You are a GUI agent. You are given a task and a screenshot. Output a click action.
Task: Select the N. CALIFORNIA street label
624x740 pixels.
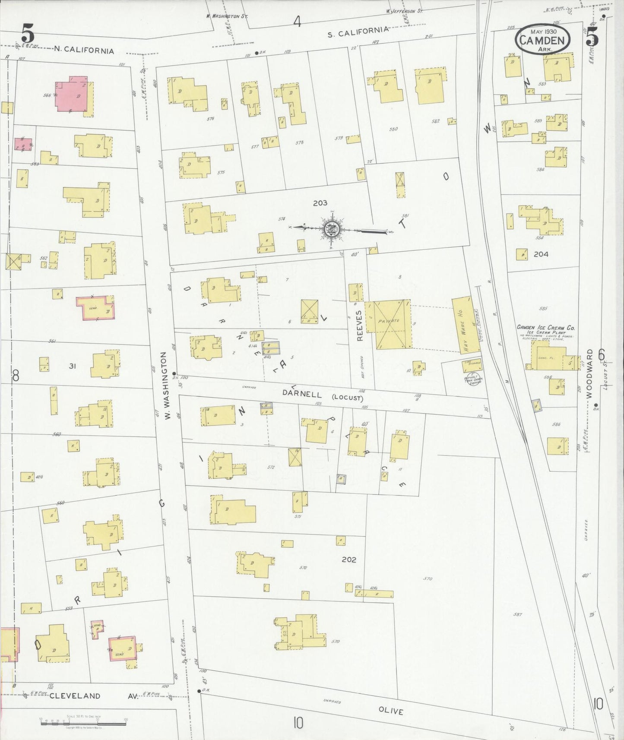tap(84, 51)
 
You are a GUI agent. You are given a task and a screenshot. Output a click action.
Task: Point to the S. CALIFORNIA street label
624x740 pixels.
tap(358, 31)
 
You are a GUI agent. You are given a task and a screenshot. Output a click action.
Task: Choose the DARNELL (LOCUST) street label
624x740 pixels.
tap(323, 395)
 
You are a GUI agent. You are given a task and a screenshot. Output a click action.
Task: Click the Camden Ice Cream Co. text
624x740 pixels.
tap(546, 327)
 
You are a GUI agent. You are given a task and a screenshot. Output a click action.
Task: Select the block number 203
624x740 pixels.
tap(320, 202)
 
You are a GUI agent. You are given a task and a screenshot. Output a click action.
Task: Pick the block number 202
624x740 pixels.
tap(348, 560)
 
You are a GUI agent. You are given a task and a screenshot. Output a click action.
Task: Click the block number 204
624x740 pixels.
tap(541, 254)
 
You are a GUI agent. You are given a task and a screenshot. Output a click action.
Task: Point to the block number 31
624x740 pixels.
tap(73, 366)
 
